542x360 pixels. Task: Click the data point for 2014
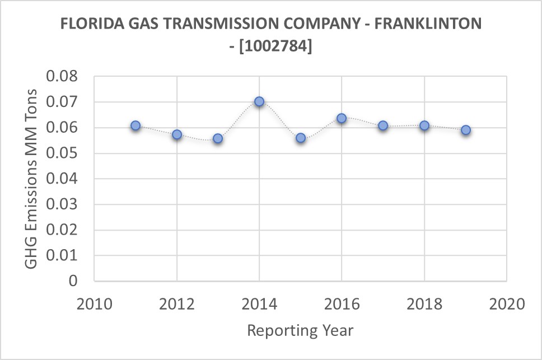coord(259,102)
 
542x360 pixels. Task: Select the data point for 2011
coord(135,126)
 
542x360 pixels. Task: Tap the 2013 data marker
coord(218,138)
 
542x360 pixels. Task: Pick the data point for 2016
coord(342,118)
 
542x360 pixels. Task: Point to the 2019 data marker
coord(465,130)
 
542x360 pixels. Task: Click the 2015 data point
coord(301,138)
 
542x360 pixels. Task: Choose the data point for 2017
coord(383,126)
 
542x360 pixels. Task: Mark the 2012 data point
coord(177,134)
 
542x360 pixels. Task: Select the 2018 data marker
coord(424,125)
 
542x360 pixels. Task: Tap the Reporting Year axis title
coord(300,330)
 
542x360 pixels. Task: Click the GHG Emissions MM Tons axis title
coord(32,179)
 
